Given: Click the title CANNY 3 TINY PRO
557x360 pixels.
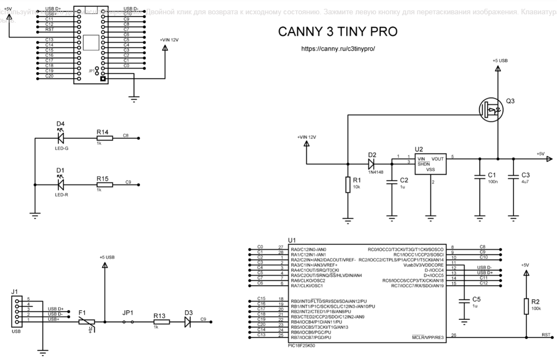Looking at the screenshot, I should [338, 32].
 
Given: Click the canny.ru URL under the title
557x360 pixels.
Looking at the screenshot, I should [338, 49].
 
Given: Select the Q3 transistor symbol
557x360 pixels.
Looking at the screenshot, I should [491, 108].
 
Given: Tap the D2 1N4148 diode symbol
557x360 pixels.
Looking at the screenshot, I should [372, 163].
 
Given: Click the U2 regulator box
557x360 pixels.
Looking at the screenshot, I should [430, 164].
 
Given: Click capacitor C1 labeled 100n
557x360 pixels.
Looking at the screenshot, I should [480, 177].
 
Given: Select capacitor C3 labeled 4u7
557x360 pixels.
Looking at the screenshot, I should [513, 177].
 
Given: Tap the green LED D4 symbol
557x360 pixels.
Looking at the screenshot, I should [61, 138].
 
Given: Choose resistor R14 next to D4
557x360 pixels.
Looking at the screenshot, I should [104, 138].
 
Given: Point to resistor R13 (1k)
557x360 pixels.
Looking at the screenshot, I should [161, 320].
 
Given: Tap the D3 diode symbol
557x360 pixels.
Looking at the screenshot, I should [188, 320].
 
